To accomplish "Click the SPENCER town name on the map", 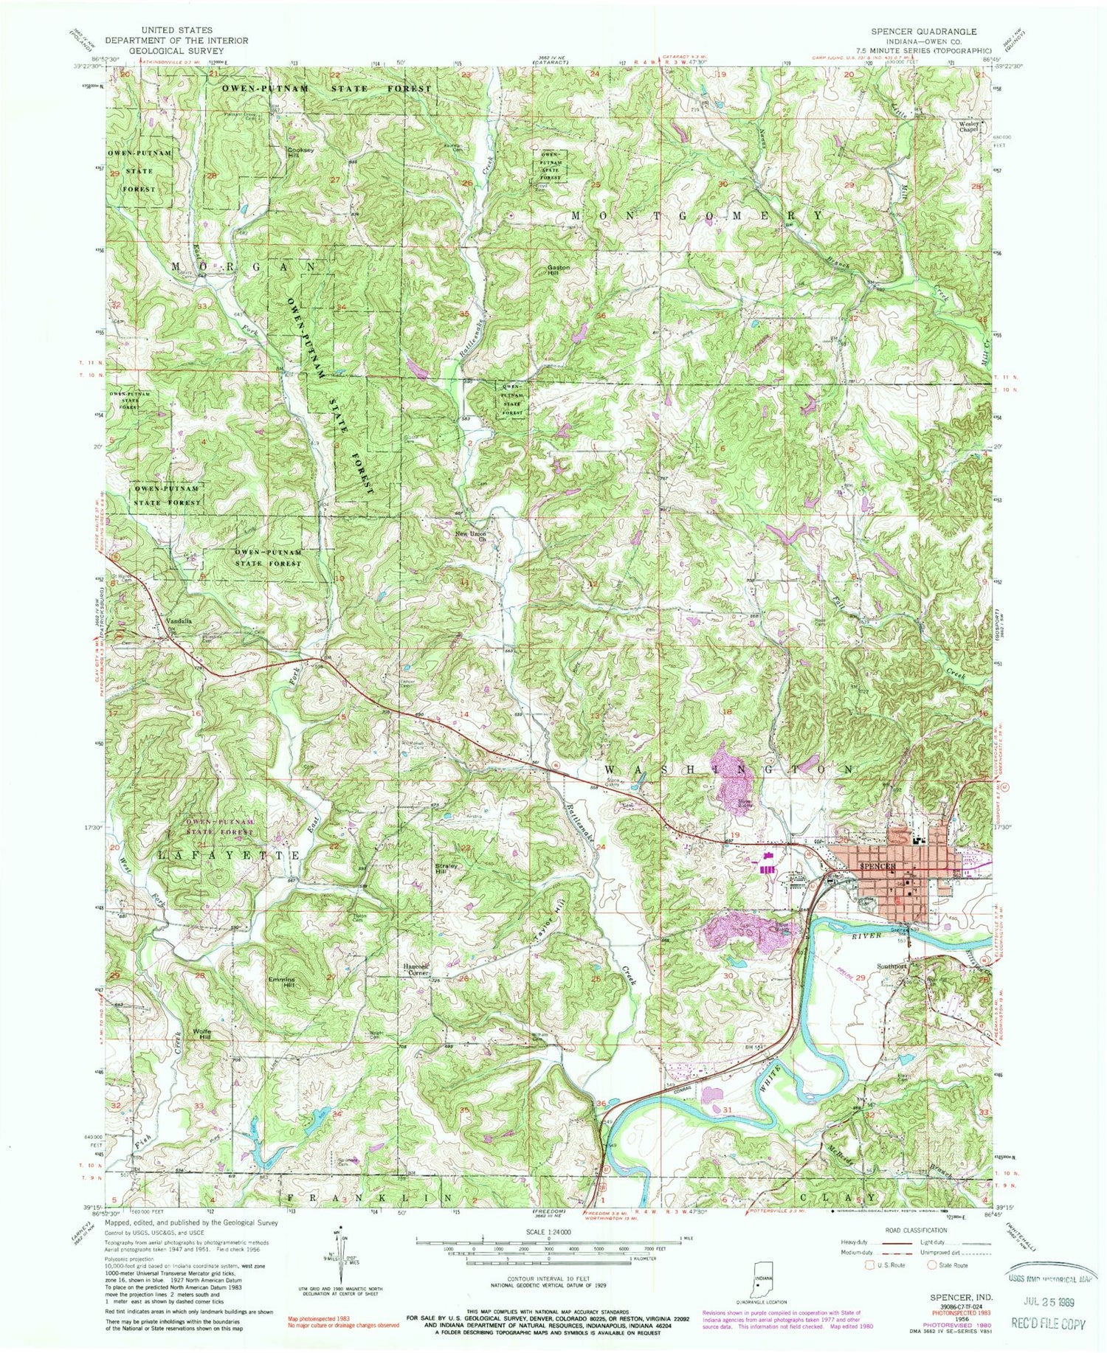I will coord(876,865).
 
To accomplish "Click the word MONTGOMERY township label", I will coord(697,215).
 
